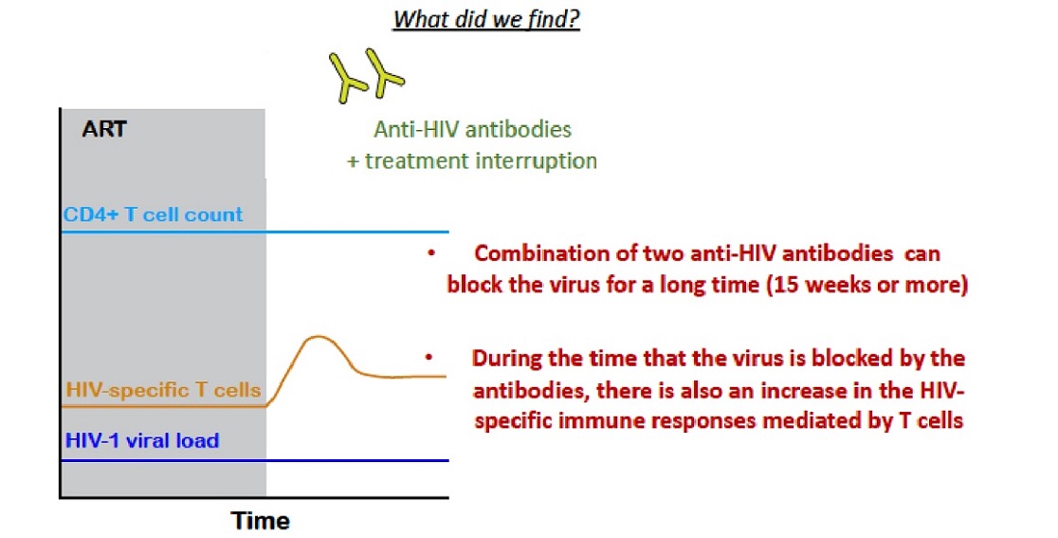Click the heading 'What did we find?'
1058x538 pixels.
click(486, 18)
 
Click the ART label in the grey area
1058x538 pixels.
click(104, 128)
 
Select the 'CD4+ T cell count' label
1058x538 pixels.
click(154, 214)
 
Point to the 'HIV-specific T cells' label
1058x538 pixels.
click(163, 390)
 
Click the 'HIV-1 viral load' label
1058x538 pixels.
click(142, 441)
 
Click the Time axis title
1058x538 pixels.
click(261, 521)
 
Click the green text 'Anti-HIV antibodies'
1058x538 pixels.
click(472, 129)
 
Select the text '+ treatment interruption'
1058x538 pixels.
click(472, 160)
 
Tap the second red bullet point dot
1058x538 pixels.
click(429, 358)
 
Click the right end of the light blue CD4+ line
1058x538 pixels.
click(448, 232)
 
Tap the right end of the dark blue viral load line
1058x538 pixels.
click(448, 461)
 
